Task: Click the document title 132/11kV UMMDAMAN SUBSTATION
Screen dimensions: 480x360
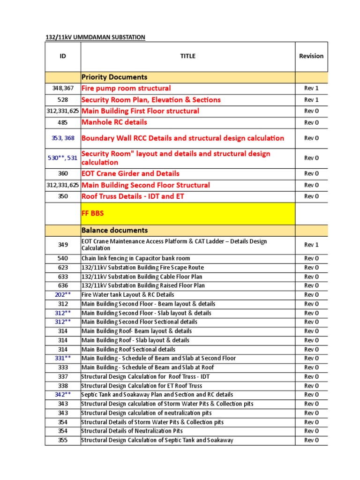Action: click(x=95, y=37)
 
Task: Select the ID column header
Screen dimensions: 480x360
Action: click(x=63, y=56)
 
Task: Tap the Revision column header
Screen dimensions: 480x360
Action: click(x=311, y=56)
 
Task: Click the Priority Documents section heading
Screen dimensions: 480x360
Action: click(x=114, y=77)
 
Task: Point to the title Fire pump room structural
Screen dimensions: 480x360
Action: click(x=126, y=88)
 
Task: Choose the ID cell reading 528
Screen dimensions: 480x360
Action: click(x=63, y=100)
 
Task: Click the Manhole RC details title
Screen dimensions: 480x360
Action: click(x=114, y=122)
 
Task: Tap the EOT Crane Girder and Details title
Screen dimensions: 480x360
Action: click(x=130, y=173)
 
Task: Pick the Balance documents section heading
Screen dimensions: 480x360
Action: click(x=114, y=231)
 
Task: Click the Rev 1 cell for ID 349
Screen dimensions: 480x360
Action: click(x=311, y=245)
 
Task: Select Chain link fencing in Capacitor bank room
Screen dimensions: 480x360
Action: click(x=135, y=258)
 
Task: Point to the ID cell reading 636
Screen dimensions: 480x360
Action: click(x=63, y=285)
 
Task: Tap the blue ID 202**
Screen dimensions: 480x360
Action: click(x=63, y=295)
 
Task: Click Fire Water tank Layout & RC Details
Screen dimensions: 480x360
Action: click(x=127, y=295)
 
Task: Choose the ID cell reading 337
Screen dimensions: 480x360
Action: click(x=63, y=376)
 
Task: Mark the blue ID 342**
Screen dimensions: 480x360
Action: click(x=63, y=395)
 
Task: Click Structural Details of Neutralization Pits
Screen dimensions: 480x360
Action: click(x=132, y=431)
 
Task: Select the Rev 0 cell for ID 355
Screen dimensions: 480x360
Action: click(x=311, y=440)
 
